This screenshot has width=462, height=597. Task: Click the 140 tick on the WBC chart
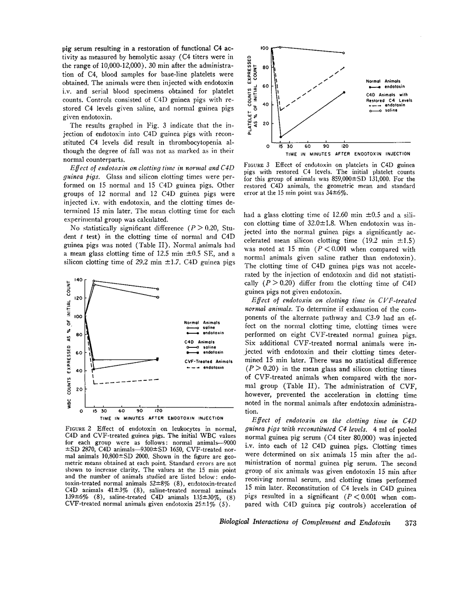click(78, 280)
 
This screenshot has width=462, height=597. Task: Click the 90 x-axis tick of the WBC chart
click(140, 411)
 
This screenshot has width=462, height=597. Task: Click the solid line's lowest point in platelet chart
click(280, 137)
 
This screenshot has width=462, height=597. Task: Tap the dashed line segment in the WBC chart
click(127, 382)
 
